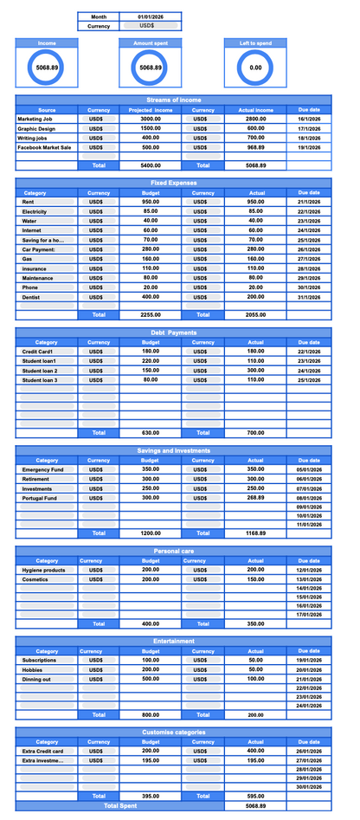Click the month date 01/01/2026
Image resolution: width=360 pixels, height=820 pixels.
pyautogui.click(x=151, y=16)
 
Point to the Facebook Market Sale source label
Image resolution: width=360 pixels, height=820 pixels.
pyautogui.click(x=44, y=147)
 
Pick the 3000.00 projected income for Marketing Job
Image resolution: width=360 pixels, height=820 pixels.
pyautogui.click(x=151, y=119)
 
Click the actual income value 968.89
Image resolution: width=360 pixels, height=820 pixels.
pyautogui.click(x=255, y=147)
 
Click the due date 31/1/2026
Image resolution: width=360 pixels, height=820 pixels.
pyautogui.click(x=309, y=297)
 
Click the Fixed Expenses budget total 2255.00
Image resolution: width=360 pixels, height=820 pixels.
pyautogui.click(x=151, y=315)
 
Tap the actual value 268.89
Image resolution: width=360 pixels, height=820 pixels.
pyautogui.click(x=255, y=498)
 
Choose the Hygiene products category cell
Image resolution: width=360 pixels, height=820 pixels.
pyautogui.click(x=43, y=570)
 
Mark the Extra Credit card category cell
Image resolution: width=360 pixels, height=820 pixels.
pyautogui.click(x=43, y=751)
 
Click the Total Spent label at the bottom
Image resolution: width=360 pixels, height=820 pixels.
pyautogui.click(x=120, y=805)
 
